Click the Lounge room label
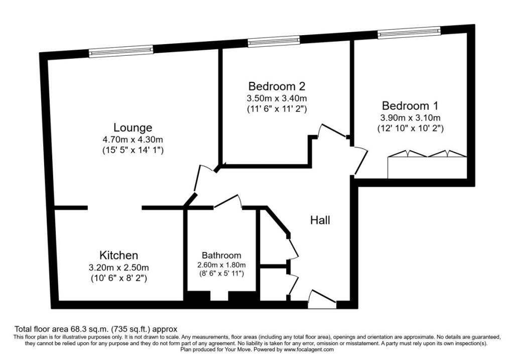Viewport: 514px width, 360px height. pos(133,128)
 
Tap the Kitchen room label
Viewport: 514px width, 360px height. pos(118,255)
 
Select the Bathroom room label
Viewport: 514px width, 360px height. pos(221,255)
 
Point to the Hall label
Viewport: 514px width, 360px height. pos(320,220)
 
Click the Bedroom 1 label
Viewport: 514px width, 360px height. pos(410,106)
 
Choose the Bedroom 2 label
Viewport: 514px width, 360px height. pos(277,86)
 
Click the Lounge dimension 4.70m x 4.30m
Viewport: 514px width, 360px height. pos(133,140)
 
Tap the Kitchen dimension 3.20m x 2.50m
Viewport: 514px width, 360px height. pos(118,268)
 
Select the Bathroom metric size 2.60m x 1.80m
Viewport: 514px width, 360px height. pos(221,265)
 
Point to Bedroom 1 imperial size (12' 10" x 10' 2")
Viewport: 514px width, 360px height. pos(411,128)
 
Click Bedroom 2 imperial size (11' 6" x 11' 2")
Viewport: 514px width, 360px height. pos(277,109)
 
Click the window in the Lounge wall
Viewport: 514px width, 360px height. pos(121,52)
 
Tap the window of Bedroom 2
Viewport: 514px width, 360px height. pos(274,42)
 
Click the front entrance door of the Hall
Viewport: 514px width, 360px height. pos(322,299)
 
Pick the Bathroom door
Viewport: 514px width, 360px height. pos(228,201)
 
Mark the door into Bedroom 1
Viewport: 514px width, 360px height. pos(360,161)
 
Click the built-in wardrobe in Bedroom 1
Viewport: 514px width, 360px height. pos(427,165)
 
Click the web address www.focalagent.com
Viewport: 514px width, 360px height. pos(309,349)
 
